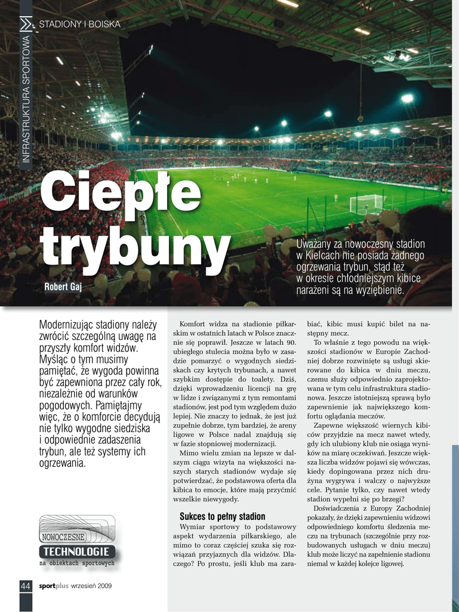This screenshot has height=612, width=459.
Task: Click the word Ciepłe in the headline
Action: click(x=120, y=193)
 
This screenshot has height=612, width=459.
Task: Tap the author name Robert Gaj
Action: click(x=63, y=287)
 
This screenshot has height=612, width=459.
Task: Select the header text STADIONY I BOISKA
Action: click(x=79, y=25)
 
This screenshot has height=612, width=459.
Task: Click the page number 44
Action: click(x=26, y=586)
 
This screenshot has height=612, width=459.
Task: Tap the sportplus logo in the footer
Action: click(x=54, y=586)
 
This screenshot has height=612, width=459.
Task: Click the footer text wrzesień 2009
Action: click(x=91, y=586)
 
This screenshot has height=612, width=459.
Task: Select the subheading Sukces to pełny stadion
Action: click(x=222, y=516)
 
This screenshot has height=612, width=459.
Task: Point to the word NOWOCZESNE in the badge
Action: click(x=63, y=537)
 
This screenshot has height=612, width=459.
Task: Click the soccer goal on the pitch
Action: click(x=365, y=204)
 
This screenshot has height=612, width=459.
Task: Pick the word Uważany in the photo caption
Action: click(x=316, y=244)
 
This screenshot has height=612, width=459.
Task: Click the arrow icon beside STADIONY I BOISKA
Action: click(x=26, y=25)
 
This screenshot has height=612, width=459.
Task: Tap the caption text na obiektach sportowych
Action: click(x=76, y=563)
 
